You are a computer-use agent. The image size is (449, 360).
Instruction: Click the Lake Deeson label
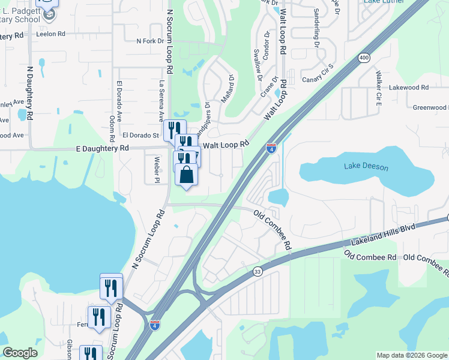pyautogui.click(x=366, y=167)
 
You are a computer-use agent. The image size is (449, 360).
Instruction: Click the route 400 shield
pyautogui.click(x=364, y=58)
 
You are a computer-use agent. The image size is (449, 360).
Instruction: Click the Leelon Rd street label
pyautogui.click(x=50, y=34)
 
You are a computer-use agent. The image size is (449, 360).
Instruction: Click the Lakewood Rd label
pyautogui.click(x=408, y=87)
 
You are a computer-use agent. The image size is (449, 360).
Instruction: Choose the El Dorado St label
pyautogui.click(x=140, y=136)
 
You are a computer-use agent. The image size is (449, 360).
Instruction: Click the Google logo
pyautogui.click(x=20, y=353)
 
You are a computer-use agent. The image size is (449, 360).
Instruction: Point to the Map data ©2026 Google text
pyautogui.click(x=412, y=355)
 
